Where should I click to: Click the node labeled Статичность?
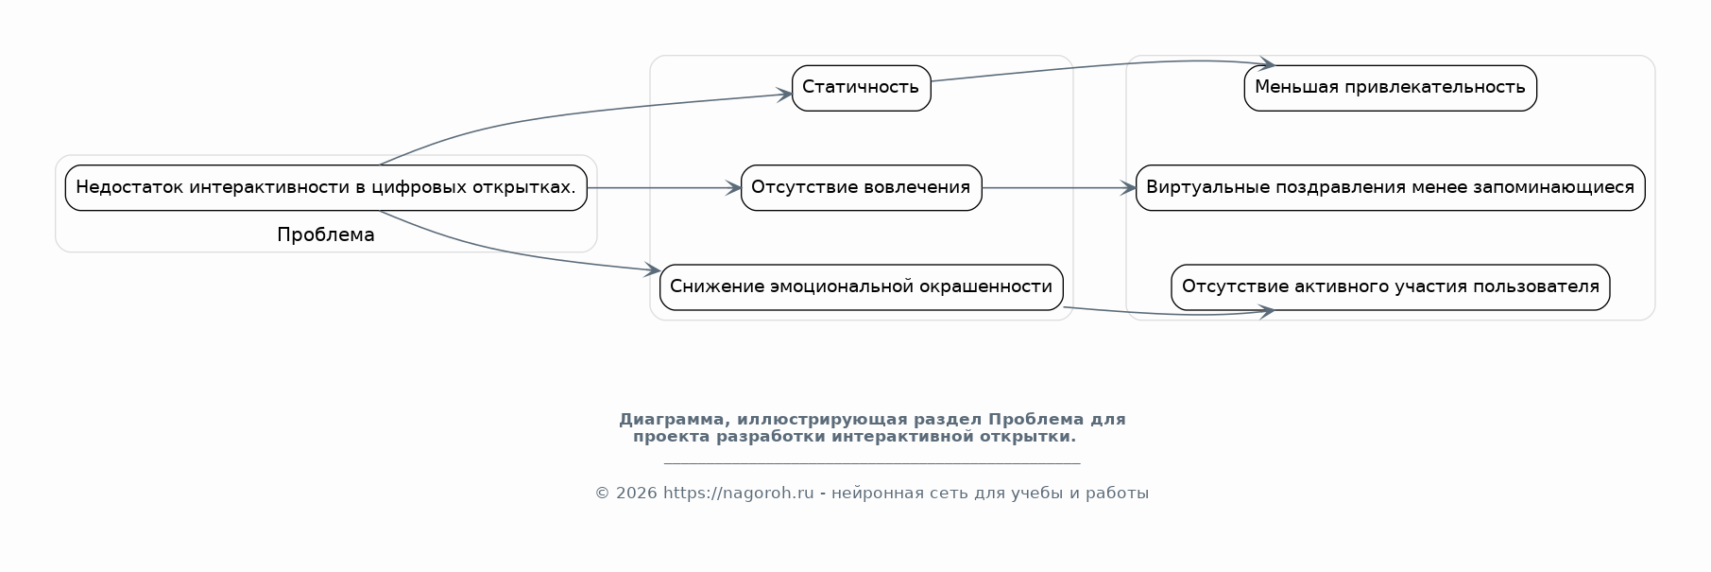click(861, 88)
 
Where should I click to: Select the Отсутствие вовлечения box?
click(861, 187)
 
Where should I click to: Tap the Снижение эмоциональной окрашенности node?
click(861, 287)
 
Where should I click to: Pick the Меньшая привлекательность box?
click(1390, 88)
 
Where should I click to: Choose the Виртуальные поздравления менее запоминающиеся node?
click(1390, 187)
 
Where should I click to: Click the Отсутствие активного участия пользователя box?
click(1390, 287)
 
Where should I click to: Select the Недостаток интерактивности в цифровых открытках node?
click(326, 187)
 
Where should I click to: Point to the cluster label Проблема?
click(326, 235)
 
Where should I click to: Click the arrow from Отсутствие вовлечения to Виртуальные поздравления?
click(1059, 188)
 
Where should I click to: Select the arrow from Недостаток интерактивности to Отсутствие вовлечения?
click(664, 188)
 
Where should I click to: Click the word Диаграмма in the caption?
click(675, 420)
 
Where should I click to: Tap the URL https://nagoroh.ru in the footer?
click(738, 493)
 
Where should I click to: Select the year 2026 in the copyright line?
click(636, 493)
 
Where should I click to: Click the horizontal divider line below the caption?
click(872, 463)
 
